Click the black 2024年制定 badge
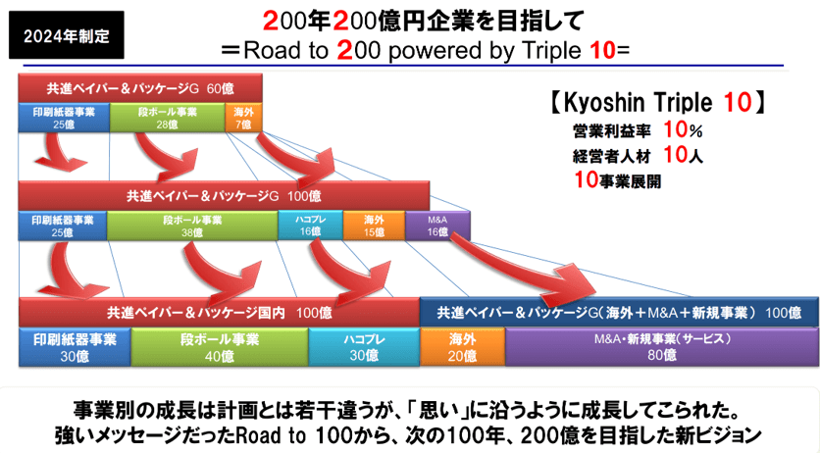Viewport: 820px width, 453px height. [67, 35]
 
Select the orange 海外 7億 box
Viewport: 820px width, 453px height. [243, 118]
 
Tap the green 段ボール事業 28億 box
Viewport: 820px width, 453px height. [168, 118]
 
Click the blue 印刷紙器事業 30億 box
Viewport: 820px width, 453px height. [75, 347]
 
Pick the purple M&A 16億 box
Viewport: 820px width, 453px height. [437, 226]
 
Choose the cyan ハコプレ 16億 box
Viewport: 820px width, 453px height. [310, 226]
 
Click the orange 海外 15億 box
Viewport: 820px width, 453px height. [374, 226]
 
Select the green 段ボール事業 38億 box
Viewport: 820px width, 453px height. [192, 226]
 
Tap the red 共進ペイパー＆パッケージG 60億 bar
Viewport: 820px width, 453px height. [140, 88]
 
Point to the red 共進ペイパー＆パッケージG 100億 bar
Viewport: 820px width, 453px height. [224, 196]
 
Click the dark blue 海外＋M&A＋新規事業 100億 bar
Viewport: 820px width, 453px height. [619, 313]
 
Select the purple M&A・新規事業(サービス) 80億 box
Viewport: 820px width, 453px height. [661, 347]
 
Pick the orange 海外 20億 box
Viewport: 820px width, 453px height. [462, 347]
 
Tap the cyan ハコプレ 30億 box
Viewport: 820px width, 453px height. [364, 347]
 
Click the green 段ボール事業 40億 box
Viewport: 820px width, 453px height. [220, 347]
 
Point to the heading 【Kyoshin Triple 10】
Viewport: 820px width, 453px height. [658, 102]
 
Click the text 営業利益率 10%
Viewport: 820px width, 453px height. [638, 129]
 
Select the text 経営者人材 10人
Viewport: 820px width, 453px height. [638, 155]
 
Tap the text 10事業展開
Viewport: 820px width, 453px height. [618, 180]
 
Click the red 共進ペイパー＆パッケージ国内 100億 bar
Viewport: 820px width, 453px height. [219, 313]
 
